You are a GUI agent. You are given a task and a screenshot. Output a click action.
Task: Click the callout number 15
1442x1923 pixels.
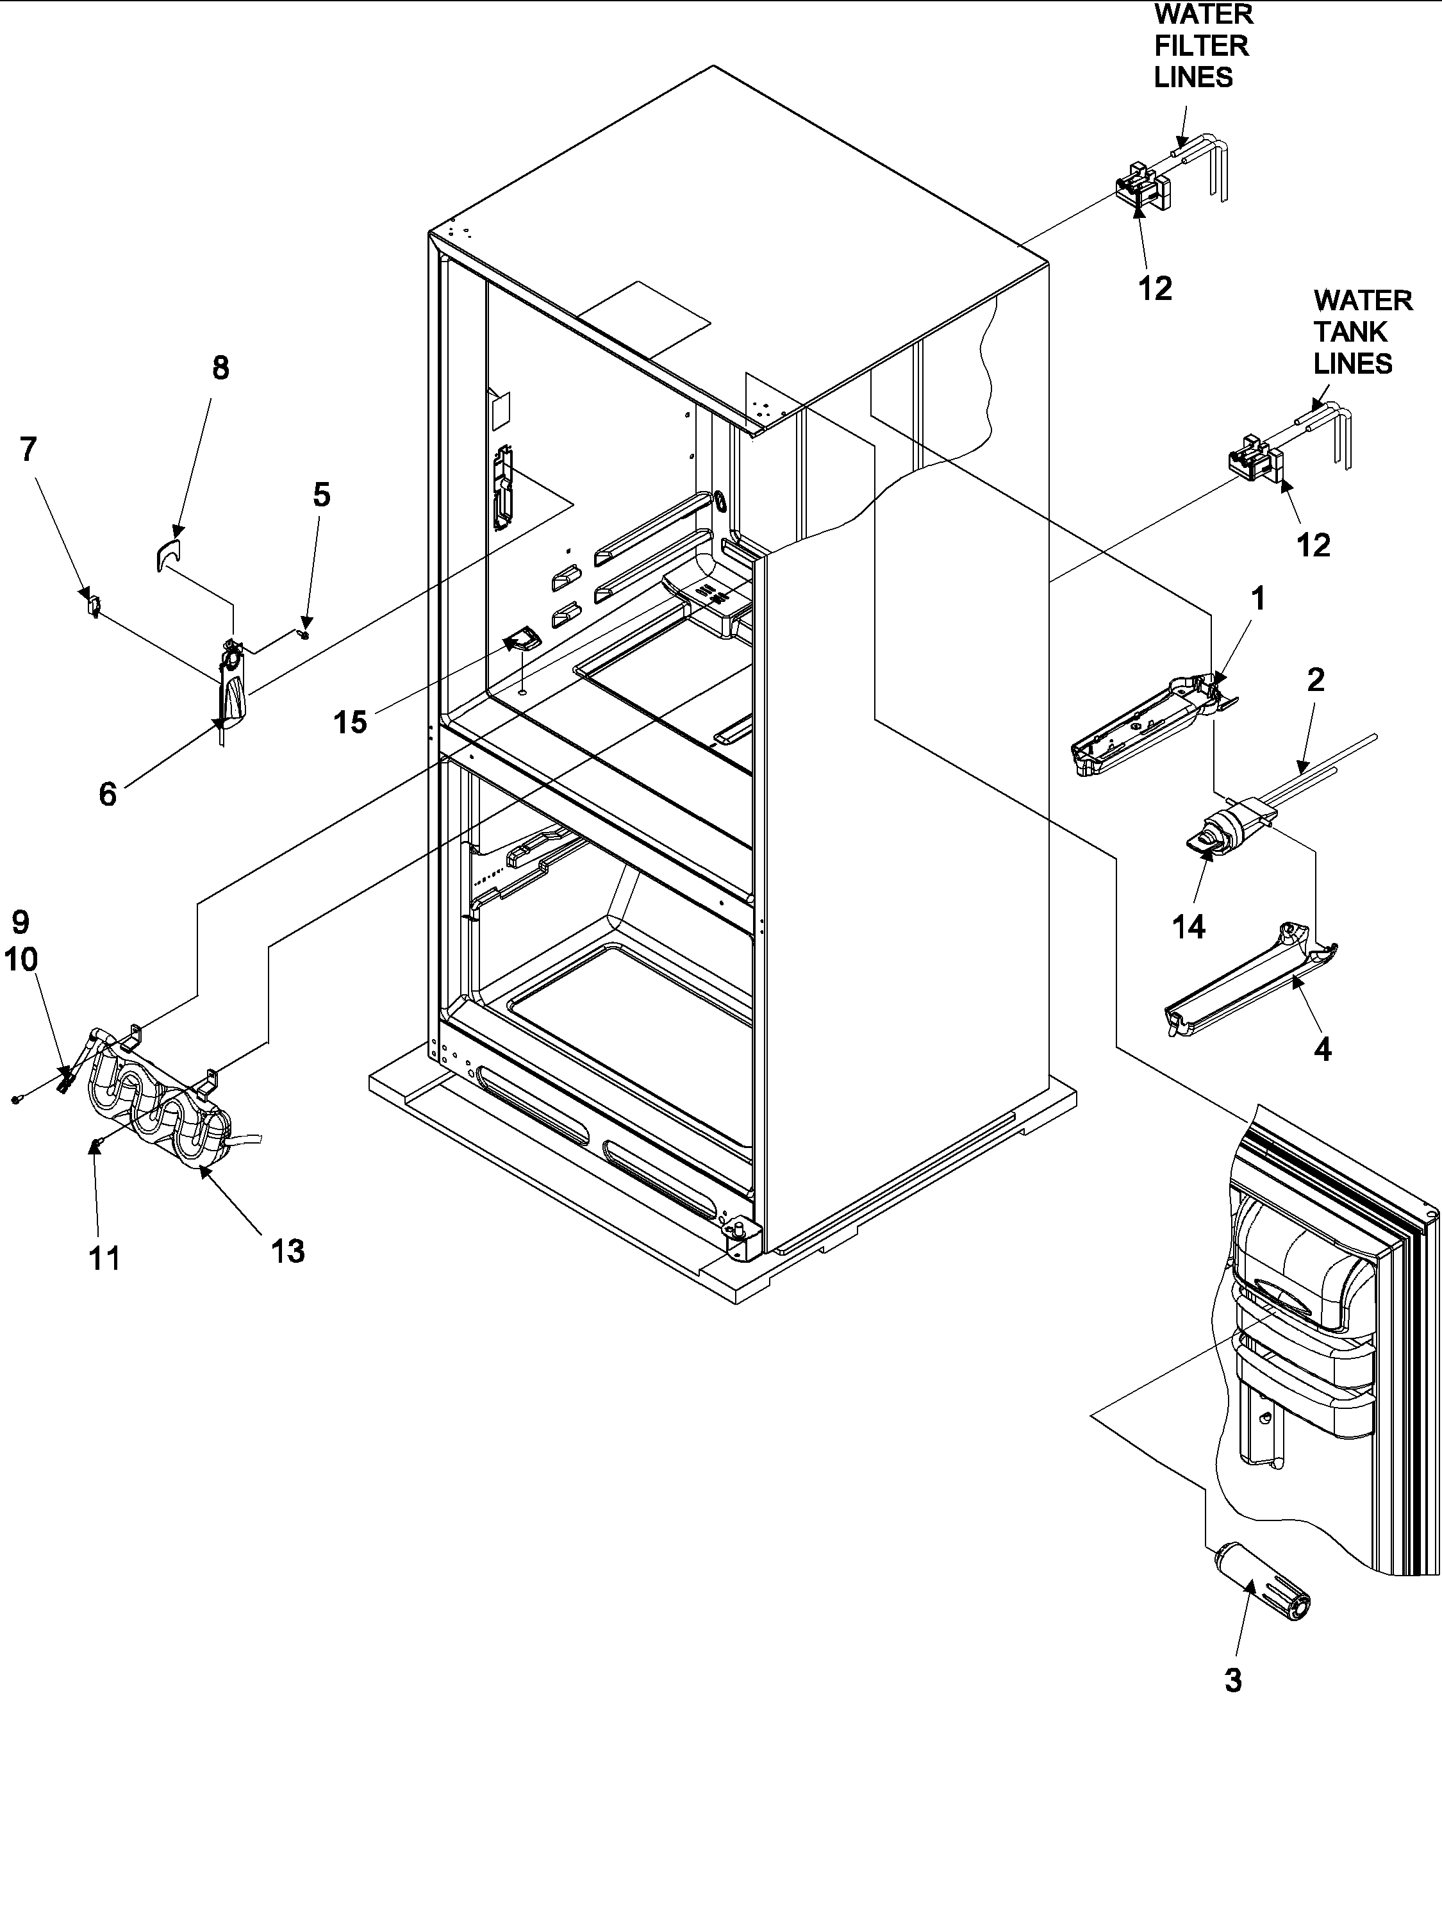351,722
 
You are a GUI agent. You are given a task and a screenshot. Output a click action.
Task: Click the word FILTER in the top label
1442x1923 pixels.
1201,46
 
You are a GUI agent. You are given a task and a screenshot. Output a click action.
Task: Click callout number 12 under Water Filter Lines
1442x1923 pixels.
1155,288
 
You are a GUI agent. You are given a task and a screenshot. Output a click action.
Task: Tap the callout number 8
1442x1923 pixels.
220,368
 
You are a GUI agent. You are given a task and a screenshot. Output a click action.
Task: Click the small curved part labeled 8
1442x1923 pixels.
169,551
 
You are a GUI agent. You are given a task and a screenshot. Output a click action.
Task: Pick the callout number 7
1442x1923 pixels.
29,449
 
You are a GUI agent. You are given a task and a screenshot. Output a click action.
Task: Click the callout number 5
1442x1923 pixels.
322,495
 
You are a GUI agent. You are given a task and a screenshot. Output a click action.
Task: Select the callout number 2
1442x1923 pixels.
1315,680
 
